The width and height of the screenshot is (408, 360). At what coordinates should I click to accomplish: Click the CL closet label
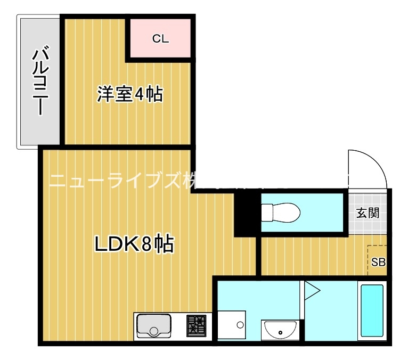(x=160, y=39)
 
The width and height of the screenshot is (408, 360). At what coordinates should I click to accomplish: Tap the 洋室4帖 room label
(x=129, y=95)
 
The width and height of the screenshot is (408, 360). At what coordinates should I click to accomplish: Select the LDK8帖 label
(x=134, y=244)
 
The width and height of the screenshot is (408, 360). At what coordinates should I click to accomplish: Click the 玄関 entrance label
(x=368, y=214)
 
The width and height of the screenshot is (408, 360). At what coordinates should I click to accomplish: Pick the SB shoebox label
(x=378, y=261)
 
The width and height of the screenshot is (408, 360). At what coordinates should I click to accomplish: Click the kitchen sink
(x=154, y=325)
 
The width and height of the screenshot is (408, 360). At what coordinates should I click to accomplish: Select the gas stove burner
(x=196, y=325)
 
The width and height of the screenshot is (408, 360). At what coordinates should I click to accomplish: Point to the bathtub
(x=372, y=310)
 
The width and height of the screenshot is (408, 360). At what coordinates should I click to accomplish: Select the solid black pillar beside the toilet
(x=246, y=214)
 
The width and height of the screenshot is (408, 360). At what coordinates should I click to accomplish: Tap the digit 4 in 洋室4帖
(x=140, y=95)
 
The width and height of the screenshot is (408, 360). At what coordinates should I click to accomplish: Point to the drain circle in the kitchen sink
(x=154, y=332)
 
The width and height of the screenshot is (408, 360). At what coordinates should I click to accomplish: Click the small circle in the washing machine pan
(x=240, y=325)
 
